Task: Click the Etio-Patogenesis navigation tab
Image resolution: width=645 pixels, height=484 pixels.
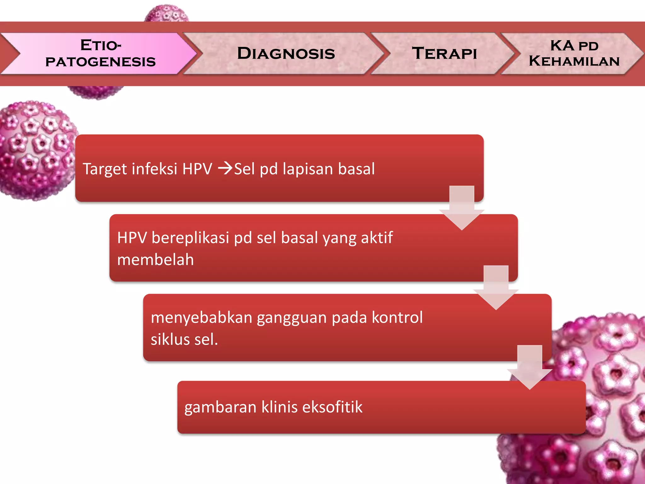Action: click(x=100, y=53)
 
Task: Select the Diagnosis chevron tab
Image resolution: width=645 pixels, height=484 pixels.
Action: click(x=286, y=53)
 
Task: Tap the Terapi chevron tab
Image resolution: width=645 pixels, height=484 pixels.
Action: click(x=444, y=53)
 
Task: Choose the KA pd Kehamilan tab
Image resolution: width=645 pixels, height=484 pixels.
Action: click(x=574, y=53)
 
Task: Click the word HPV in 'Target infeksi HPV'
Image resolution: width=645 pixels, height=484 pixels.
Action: click(x=197, y=169)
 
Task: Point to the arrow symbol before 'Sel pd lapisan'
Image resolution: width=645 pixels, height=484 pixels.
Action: click(x=225, y=168)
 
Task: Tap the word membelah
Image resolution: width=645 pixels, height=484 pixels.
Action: click(x=155, y=260)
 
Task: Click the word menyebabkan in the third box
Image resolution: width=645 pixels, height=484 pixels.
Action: click(x=202, y=317)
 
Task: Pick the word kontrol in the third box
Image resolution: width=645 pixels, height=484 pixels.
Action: click(x=397, y=317)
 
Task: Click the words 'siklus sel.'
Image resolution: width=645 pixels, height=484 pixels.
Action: click(x=184, y=340)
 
